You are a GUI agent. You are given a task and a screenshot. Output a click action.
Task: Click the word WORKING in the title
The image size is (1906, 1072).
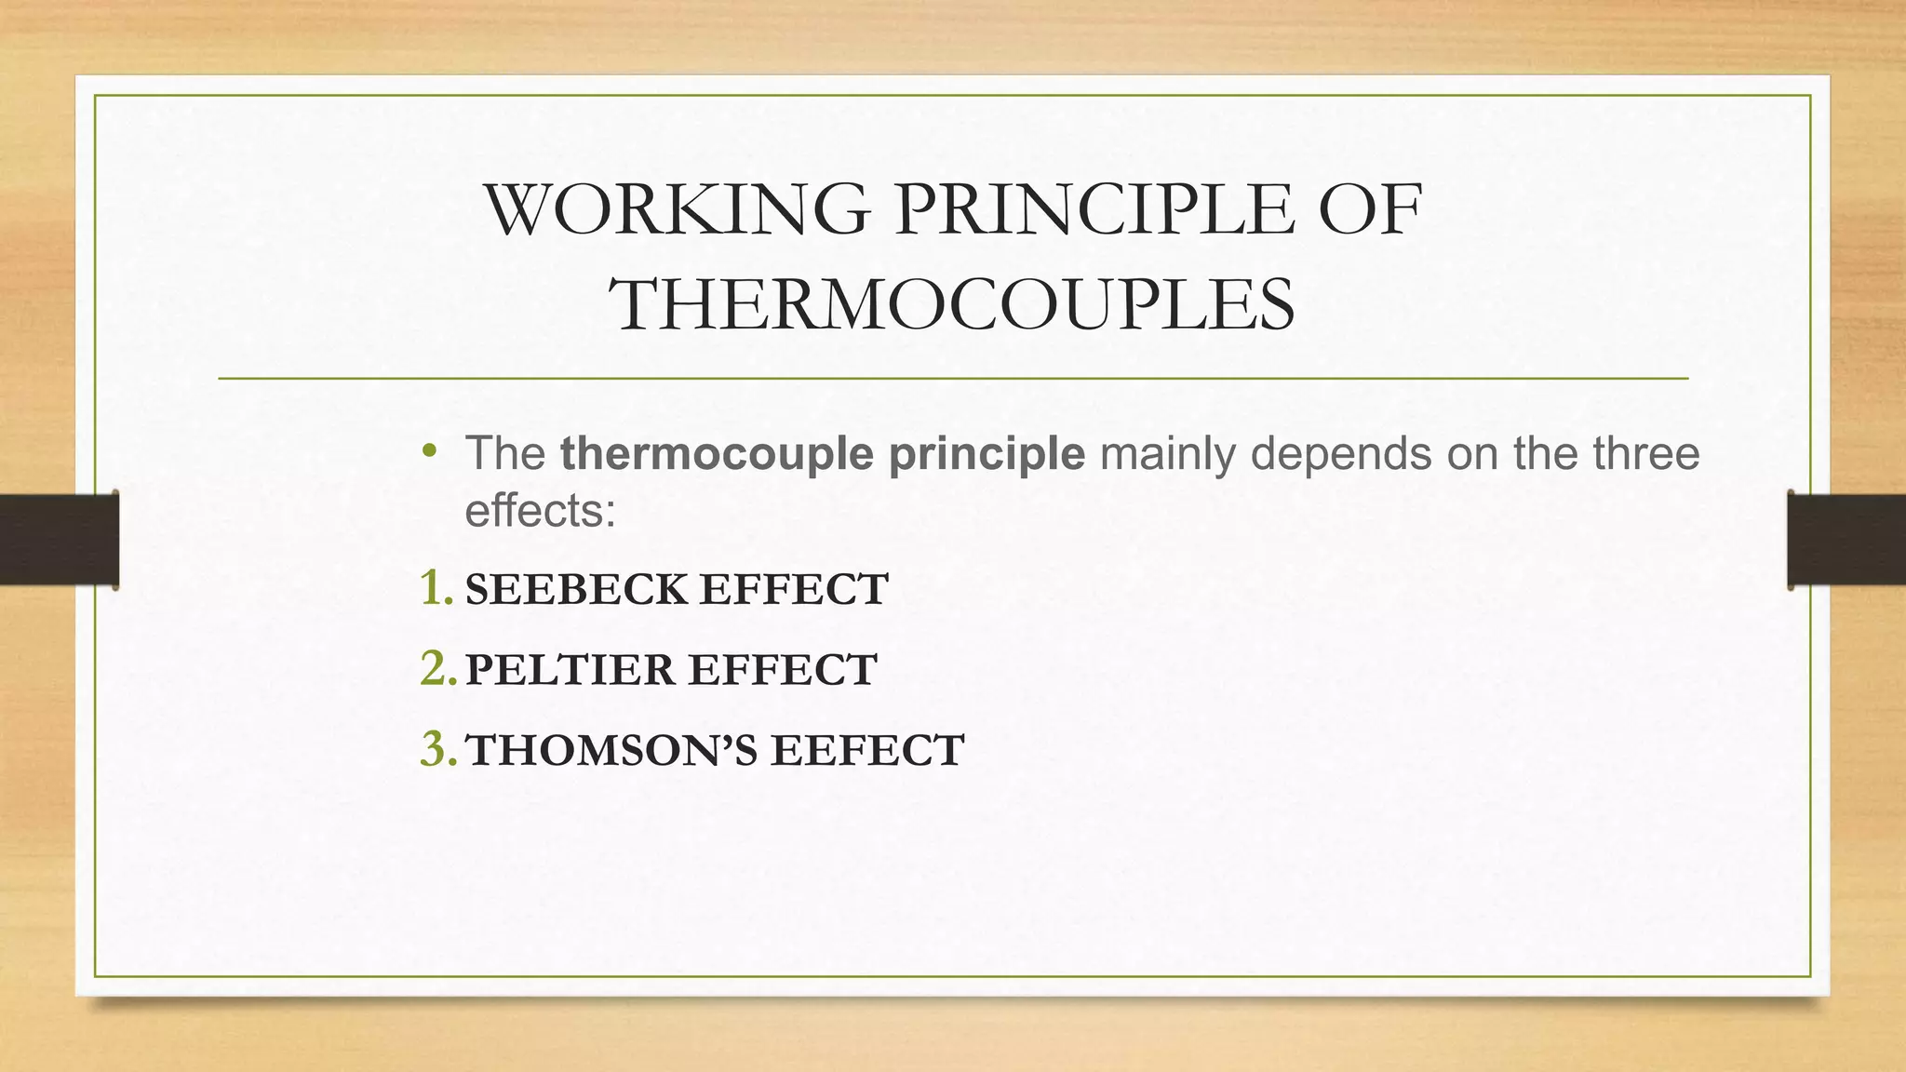677,210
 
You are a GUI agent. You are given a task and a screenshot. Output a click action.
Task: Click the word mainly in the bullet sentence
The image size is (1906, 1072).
1167,454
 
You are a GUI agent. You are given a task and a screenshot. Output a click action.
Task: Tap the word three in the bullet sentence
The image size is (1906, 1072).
1646,454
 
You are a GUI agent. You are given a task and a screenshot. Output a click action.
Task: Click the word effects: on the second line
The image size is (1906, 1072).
540,511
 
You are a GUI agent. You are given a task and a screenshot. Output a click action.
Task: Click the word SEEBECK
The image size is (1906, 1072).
576,590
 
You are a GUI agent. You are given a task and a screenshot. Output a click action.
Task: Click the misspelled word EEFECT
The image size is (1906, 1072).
866,751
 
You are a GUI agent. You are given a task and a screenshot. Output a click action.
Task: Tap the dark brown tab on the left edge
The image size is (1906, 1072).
59,540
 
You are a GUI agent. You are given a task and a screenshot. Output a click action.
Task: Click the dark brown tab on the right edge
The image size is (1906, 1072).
1846,540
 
